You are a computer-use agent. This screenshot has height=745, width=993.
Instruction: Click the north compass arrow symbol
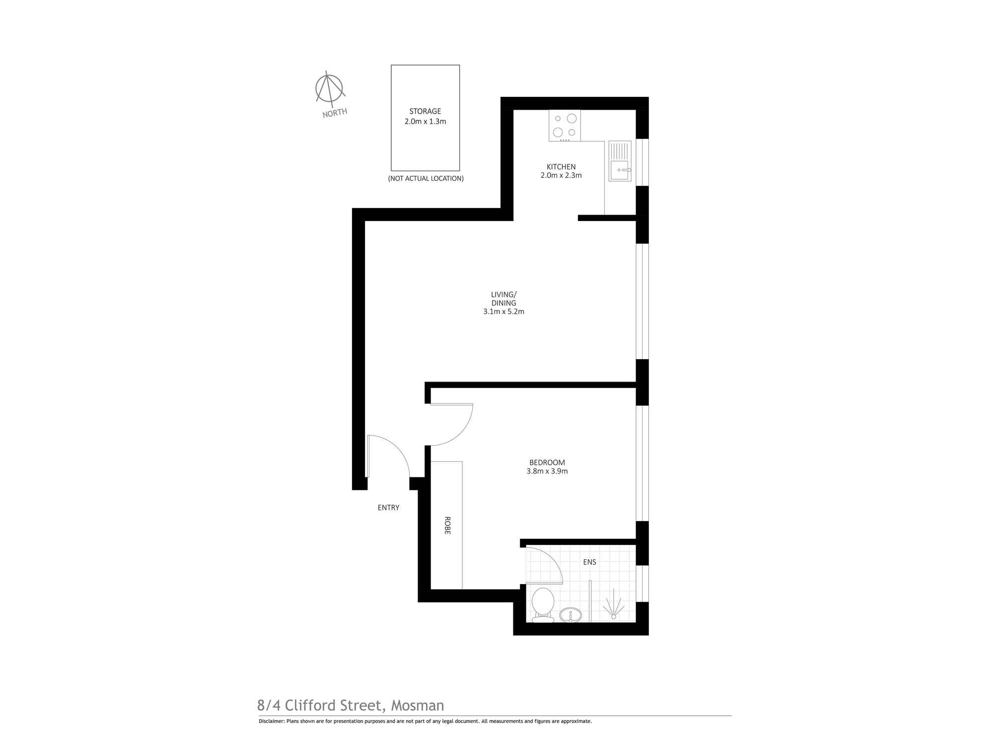330,88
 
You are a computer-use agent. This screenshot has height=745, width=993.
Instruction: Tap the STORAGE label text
425,112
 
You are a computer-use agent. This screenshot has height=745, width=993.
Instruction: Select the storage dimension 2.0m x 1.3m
425,122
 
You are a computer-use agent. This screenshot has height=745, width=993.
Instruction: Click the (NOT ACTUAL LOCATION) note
426,178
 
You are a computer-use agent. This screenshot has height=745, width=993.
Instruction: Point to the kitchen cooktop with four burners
565,126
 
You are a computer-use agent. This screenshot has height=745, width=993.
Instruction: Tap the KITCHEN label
561,167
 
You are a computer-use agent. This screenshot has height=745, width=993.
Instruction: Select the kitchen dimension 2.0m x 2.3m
561,175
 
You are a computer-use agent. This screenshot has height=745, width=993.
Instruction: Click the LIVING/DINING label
503,298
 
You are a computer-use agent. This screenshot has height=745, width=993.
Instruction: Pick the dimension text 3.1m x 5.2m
503,312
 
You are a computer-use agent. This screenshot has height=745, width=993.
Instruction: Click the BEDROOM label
547,462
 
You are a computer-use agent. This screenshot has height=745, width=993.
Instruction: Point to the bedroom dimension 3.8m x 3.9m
547,471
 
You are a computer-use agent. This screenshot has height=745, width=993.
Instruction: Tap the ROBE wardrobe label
447,525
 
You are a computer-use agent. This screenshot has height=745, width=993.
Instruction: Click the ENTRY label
388,508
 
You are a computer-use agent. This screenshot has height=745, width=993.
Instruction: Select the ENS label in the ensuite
589,562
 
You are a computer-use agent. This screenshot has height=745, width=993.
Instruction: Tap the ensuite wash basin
571,615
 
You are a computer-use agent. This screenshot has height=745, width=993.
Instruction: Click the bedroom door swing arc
462,432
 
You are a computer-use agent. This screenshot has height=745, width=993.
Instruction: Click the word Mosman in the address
418,705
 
